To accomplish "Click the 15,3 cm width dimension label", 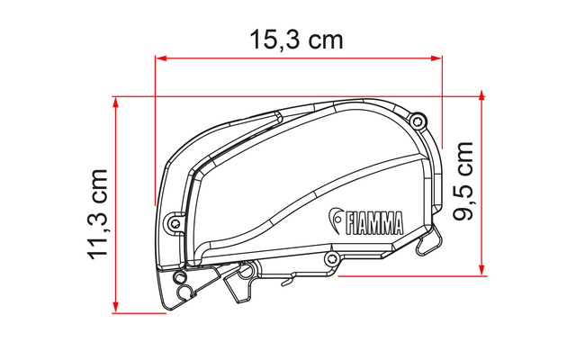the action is [296, 40].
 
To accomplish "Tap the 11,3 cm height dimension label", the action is [98, 214].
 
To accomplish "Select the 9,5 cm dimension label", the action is [463, 181].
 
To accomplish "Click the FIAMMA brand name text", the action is [374, 223].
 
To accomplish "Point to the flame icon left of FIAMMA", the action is [336, 220].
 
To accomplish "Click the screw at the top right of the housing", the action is [417, 121].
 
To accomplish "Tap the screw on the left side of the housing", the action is [175, 222].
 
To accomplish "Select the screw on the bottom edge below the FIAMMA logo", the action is [332, 258].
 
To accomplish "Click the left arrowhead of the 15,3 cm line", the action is [161, 58].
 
